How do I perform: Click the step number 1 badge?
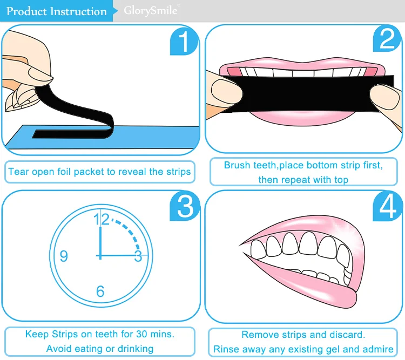(x=184, y=42)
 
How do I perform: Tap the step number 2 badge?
(x=387, y=39)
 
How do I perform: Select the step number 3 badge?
(x=185, y=207)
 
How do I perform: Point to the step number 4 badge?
(x=387, y=207)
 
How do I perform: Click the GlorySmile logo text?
(x=151, y=11)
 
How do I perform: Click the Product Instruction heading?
(x=57, y=11)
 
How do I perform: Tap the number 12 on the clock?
(x=102, y=219)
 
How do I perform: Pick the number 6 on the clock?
(x=100, y=291)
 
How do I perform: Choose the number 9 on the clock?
(x=64, y=256)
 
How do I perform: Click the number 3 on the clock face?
(x=138, y=256)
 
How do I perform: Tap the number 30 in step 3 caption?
(x=141, y=334)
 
